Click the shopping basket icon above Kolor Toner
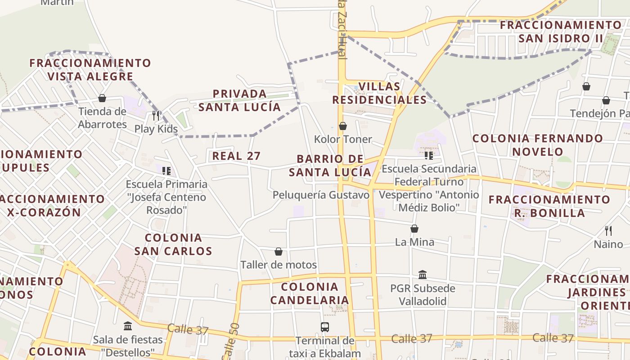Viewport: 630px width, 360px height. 343,126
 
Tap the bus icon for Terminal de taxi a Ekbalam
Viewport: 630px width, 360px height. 325,327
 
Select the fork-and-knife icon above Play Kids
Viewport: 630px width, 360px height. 156,116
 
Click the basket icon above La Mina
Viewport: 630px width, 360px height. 414,229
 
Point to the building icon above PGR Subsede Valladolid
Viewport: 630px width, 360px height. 423,274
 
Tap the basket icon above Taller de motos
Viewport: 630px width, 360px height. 279,252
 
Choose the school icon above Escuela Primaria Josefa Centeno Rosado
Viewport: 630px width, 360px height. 166,171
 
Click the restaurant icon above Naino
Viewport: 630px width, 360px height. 608,231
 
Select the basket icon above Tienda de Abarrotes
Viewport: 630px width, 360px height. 102,98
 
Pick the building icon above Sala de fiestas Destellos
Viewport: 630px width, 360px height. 128,326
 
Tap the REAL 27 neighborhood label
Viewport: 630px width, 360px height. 236,156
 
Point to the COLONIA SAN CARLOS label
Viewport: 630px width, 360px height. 173,244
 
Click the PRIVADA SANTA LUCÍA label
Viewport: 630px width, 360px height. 240,100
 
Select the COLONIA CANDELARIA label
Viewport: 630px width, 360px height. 310,293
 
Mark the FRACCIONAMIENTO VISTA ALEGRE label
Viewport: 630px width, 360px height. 90,70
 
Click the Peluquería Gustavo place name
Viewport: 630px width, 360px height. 321,195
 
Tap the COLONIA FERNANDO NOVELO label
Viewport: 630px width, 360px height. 538,145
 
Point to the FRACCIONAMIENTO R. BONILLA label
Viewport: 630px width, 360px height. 549,206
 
